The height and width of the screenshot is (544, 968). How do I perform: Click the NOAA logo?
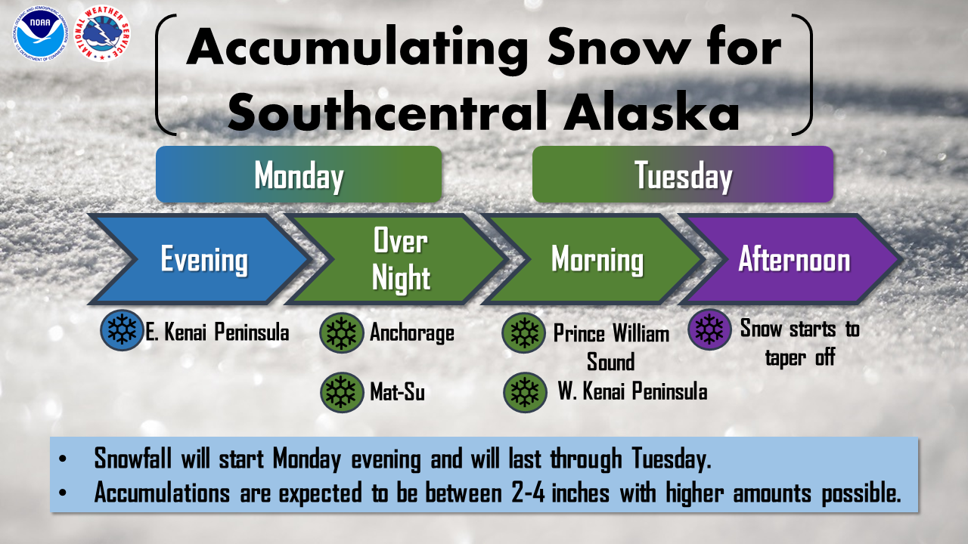coord(40,34)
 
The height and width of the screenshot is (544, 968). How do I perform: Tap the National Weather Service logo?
coord(102,34)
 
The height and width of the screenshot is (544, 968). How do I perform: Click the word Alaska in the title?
coord(652,111)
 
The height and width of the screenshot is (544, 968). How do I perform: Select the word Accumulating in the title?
coord(357,48)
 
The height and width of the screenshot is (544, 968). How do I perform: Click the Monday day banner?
coord(299,175)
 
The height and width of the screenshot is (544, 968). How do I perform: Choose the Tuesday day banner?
coord(683,175)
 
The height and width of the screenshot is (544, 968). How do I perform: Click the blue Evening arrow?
coord(199,259)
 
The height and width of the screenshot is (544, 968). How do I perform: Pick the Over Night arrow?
coord(396,259)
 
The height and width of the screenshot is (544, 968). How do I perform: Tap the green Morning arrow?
coord(592,259)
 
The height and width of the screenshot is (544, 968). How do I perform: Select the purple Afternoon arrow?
coord(790,259)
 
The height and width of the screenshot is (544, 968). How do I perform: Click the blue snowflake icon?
coord(122,330)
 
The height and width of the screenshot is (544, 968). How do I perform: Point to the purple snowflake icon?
coord(709,329)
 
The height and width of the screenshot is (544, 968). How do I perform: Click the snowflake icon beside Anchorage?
coord(341,333)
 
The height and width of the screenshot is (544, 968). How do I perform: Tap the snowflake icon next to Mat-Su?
coord(342,392)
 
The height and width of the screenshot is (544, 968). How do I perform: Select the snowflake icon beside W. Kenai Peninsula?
coord(525,392)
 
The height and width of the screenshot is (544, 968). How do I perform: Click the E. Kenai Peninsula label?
coord(217,332)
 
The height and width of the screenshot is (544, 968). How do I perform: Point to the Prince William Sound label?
coord(611,347)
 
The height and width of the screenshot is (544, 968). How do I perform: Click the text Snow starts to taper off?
coord(800,343)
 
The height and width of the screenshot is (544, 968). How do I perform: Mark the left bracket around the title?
coord(158,74)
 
